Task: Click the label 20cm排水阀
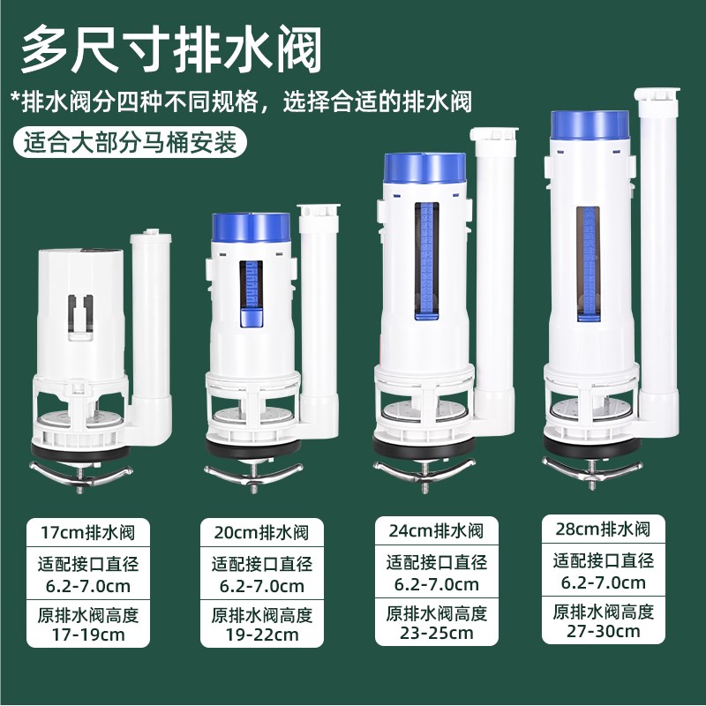(x=261, y=533)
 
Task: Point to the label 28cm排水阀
(x=604, y=529)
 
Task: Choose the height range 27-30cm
(x=604, y=631)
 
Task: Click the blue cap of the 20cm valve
(x=252, y=228)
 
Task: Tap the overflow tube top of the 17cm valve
(x=152, y=239)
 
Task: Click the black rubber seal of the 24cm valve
(x=424, y=447)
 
